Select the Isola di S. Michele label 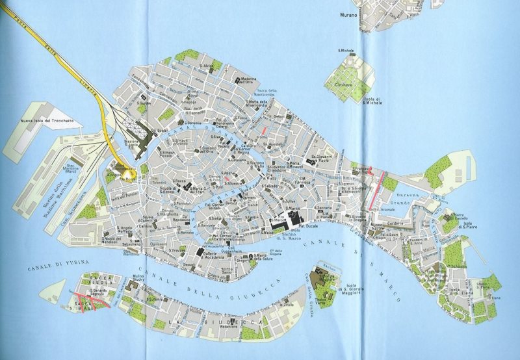click(x=373, y=99)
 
